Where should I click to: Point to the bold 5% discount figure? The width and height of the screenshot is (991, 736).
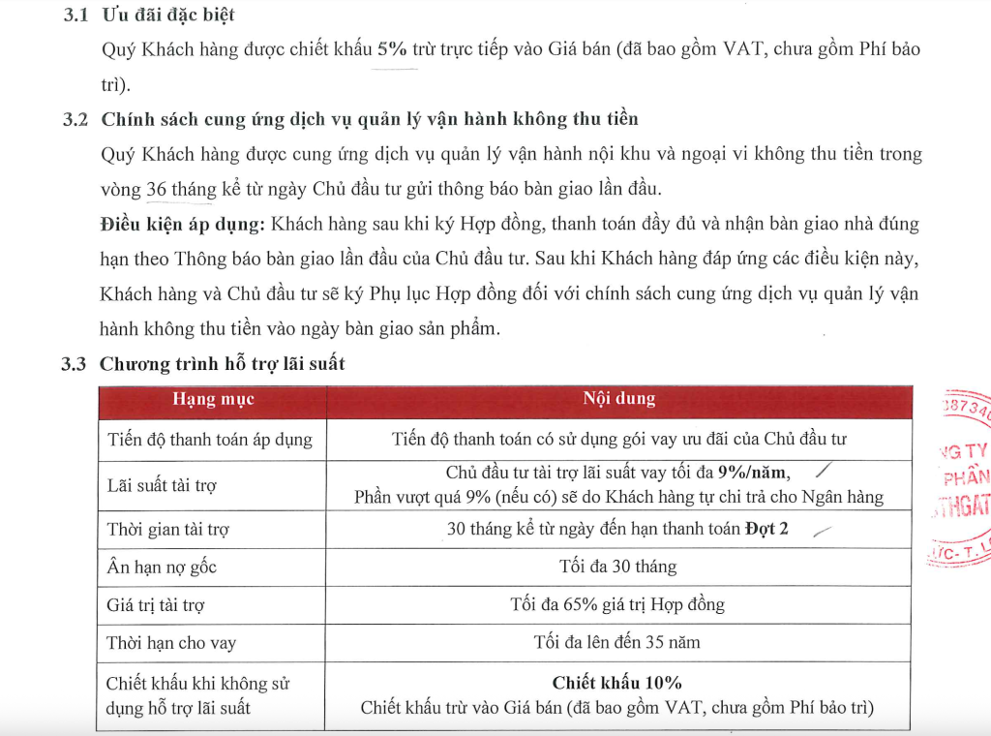pos(392,50)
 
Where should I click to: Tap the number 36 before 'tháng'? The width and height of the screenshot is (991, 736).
pos(157,189)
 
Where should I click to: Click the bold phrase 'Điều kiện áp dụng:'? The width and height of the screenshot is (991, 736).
pos(182,224)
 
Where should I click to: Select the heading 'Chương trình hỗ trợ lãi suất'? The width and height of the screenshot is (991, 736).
pos(223,364)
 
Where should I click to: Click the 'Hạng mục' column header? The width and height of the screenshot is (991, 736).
pos(213,399)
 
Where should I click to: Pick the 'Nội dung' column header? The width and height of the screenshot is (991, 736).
pos(618,399)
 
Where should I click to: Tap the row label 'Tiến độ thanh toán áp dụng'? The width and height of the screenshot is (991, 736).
pos(209,440)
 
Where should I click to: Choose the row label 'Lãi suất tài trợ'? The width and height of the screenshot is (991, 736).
pos(162,485)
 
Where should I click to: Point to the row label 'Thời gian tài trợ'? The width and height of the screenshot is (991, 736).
pos(167,530)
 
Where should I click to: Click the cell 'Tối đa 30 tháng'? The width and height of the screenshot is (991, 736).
pos(617,567)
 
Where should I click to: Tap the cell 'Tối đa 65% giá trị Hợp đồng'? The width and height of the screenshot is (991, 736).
pos(617,605)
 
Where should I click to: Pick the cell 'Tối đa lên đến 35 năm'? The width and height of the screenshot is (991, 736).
pos(617,642)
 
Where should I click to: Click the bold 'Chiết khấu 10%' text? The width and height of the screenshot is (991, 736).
pos(617,683)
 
